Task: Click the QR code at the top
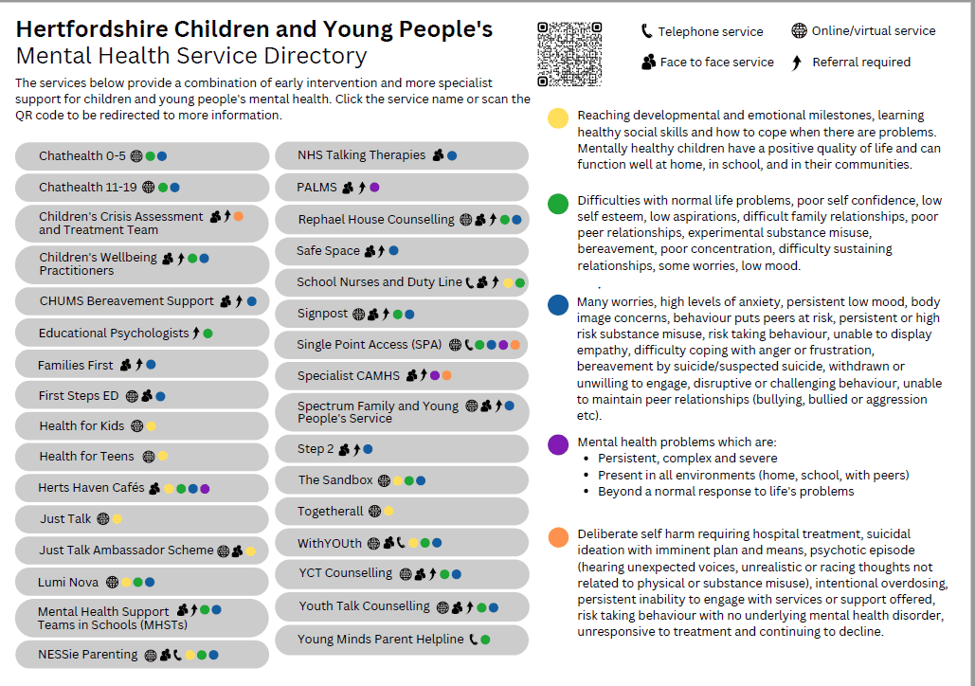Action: [569, 54]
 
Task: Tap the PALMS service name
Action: [316, 188]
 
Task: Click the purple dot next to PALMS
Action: [374, 188]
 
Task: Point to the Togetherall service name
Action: [330, 512]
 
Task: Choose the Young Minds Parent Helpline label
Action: [380, 640]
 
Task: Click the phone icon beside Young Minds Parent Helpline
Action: [473, 640]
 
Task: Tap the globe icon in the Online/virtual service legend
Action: [799, 31]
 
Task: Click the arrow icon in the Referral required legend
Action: [796, 63]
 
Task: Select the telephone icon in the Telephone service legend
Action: [646, 31]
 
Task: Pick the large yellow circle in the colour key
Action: [559, 118]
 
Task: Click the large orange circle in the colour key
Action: [559, 538]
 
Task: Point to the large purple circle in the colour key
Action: [559, 444]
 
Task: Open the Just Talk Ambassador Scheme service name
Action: [126, 551]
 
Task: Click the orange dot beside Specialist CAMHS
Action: [446, 376]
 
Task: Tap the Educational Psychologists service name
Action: [114, 334]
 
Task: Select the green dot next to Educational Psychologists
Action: [208, 334]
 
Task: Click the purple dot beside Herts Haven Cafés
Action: [205, 489]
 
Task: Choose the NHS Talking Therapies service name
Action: [361, 155]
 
